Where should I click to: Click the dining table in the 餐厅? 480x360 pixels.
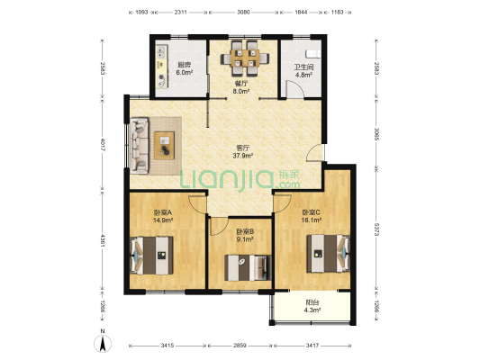245,58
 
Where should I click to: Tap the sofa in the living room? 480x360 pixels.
140,146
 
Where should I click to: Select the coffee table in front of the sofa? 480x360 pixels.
165,146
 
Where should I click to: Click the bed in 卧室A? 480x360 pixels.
152,255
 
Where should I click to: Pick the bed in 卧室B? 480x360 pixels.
248,267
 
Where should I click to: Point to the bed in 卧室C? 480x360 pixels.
328,253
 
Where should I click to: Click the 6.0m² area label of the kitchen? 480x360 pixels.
185,73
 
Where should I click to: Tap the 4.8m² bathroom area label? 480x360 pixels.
303,75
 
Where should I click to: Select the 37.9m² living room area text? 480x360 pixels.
243,156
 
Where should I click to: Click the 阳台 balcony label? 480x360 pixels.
312,302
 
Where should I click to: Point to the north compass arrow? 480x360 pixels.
103,344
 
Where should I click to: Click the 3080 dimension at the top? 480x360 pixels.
243,13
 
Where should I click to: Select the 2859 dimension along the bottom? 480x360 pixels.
240,346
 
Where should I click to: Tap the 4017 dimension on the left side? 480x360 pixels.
103,145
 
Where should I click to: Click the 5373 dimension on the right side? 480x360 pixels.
376,229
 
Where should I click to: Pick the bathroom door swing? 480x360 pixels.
294,89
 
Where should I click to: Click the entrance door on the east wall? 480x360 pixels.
315,152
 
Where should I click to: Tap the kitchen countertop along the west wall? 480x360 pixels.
162,67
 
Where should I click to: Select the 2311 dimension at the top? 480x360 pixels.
181,13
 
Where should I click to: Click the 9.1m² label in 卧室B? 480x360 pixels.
245,239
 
